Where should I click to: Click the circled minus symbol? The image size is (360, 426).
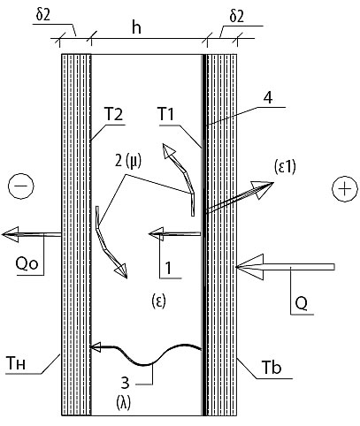click(21, 186)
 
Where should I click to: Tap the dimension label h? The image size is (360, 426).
click(136, 28)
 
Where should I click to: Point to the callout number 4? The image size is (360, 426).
click(268, 98)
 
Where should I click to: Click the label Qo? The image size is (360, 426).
click(27, 264)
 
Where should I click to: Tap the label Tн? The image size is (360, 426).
click(15, 364)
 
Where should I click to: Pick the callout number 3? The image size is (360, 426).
click(126, 384)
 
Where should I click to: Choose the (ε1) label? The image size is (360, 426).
click(283, 167)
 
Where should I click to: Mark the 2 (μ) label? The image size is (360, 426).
click(128, 161)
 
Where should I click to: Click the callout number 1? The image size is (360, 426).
click(168, 269)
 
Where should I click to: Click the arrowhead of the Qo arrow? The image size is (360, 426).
click(10, 234)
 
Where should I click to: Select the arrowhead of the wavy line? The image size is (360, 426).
click(96, 347)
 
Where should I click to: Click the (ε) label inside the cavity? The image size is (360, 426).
click(159, 301)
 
